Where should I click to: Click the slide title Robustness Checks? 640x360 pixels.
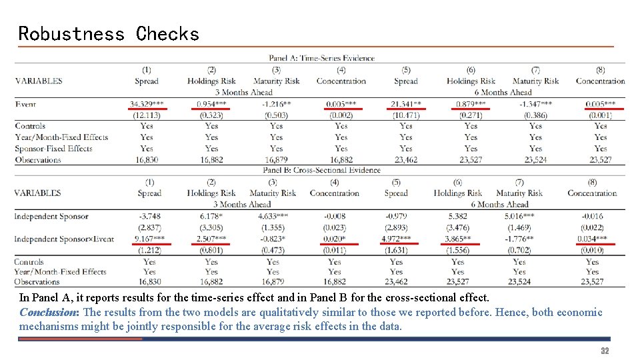109,33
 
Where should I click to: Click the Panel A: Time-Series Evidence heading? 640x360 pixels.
321,58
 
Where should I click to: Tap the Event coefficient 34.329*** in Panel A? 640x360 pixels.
147,104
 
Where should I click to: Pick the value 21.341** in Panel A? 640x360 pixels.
406,104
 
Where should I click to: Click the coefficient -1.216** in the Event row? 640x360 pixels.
277,104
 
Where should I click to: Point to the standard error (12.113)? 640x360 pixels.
147,115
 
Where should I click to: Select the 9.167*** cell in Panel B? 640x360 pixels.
149,239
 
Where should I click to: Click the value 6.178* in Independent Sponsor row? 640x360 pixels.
211,217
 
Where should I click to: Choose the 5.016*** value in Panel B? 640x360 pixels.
519,217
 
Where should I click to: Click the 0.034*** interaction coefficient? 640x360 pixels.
592,239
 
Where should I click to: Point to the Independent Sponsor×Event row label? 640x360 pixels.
61,239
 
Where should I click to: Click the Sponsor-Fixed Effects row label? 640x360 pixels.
53,149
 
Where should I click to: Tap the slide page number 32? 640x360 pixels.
605,351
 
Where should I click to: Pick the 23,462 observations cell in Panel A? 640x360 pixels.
406,160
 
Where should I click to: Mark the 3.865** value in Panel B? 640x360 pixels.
457,239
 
